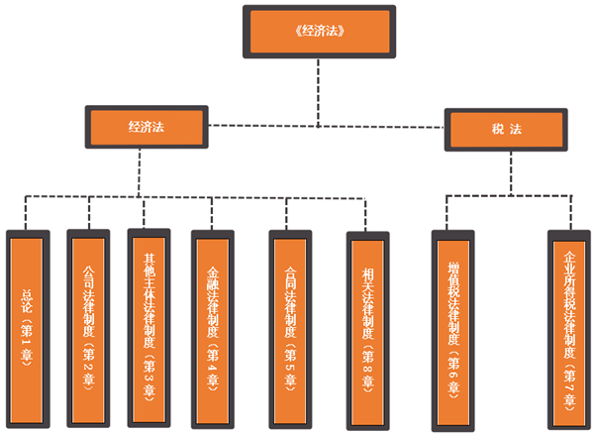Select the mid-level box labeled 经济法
pos(146,128)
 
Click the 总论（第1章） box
pos(27,326)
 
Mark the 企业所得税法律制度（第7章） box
pos(568,326)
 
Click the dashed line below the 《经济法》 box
pos(318,89)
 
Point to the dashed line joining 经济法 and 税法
pos(327,126)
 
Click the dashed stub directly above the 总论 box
pos(25,212)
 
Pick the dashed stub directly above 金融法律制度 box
pos(210,212)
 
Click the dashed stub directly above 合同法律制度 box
pos(287,212)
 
